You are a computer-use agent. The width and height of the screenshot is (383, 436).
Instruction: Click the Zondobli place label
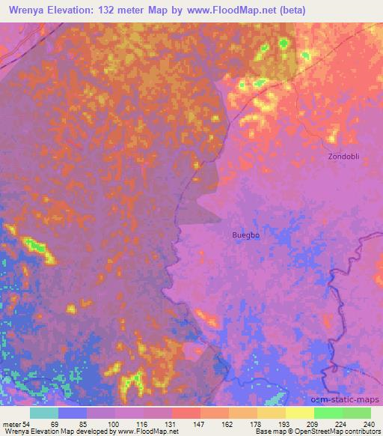[x=344, y=157]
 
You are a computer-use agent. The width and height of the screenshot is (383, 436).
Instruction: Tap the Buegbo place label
[x=246, y=234]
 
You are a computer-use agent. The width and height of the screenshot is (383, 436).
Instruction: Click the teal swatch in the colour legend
[x=44, y=413]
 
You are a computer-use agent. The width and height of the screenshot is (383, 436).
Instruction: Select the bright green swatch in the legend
[x=328, y=413]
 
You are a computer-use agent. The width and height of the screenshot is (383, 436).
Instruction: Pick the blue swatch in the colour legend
[x=73, y=413]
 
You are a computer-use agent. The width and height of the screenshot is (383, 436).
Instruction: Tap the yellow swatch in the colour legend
[x=300, y=413]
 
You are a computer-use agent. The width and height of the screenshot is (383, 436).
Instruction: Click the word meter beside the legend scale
[x=12, y=423]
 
